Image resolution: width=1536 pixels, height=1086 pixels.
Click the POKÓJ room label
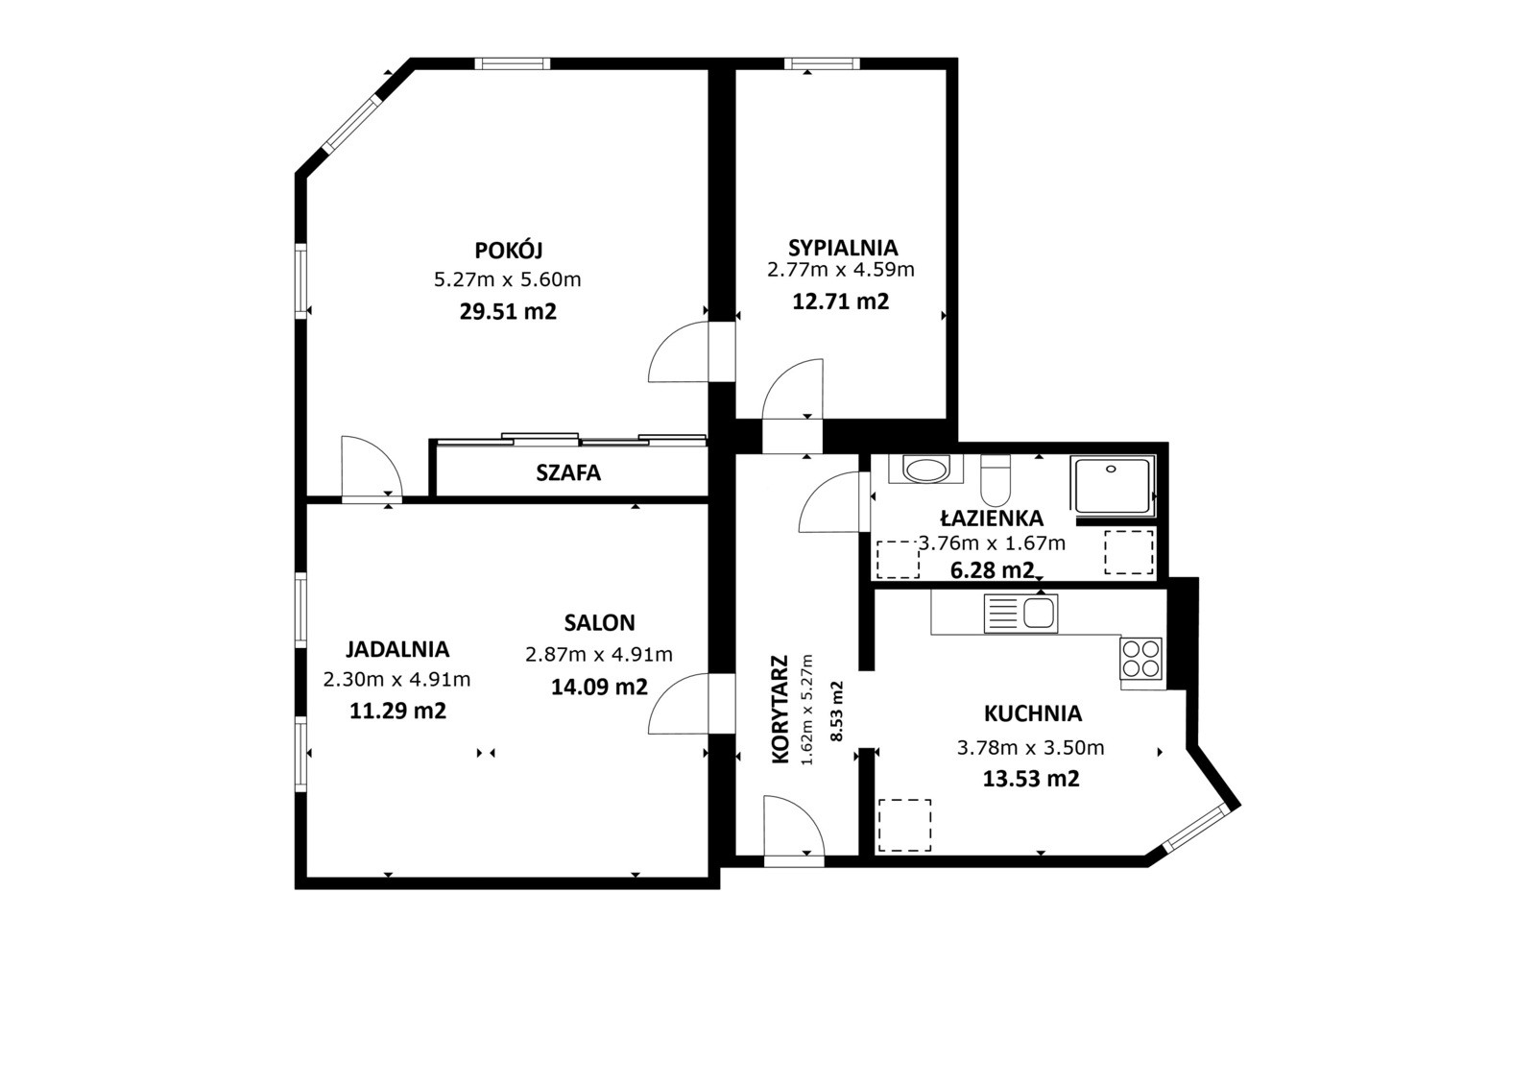click(508, 250)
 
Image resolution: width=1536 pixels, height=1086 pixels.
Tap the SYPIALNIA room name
click(843, 247)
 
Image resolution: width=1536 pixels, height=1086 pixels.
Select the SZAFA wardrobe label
click(568, 472)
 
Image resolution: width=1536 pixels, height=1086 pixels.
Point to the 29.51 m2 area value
click(508, 311)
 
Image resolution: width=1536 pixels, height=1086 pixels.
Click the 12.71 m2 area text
click(841, 302)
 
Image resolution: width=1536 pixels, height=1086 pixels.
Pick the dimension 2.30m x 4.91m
click(397, 680)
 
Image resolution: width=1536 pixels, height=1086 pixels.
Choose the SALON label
click(599, 623)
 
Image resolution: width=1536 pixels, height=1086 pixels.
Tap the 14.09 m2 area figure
click(599, 687)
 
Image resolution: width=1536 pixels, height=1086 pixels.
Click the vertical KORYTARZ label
click(780, 709)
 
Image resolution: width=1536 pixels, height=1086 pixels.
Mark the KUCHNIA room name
click(1033, 714)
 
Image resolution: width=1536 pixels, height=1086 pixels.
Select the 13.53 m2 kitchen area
click(1031, 779)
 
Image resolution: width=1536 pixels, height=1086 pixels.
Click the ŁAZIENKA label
click(992, 518)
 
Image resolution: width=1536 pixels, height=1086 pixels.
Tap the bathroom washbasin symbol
click(925, 470)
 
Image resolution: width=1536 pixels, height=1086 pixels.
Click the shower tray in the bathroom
click(1113, 486)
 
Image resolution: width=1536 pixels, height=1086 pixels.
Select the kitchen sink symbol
click(1021, 614)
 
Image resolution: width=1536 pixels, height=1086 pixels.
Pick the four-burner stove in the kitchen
click(1141, 659)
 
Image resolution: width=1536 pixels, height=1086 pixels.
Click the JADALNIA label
click(397, 649)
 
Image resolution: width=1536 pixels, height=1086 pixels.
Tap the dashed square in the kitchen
click(904, 826)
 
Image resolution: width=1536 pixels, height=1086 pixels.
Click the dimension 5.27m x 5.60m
click(508, 280)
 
